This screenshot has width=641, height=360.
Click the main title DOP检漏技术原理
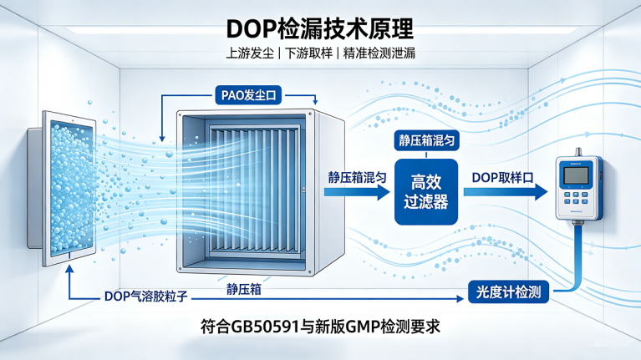click(320, 28)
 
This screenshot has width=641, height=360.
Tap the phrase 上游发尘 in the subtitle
click(250, 53)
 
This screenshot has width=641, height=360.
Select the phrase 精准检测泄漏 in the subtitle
click(379, 53)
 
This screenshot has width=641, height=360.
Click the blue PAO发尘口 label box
click(248, 95)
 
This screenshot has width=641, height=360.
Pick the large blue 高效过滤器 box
click(426, 191)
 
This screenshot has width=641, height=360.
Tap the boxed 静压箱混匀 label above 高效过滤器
click(426, 140)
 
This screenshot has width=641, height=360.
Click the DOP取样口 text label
click(503, 178)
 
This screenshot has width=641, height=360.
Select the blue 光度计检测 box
click(509, 292)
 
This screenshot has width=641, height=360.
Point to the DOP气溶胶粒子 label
click(146, 297)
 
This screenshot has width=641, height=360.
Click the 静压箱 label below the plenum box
click(244, 289)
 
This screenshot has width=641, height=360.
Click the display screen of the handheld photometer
click(576, 175)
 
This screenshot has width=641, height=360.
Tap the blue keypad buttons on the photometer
click(576, 198)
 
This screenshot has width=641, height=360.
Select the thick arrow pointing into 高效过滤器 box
click(358, 192)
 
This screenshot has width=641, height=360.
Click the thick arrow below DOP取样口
click(506, 192)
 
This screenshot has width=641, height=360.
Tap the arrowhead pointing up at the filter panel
click(70, 269)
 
